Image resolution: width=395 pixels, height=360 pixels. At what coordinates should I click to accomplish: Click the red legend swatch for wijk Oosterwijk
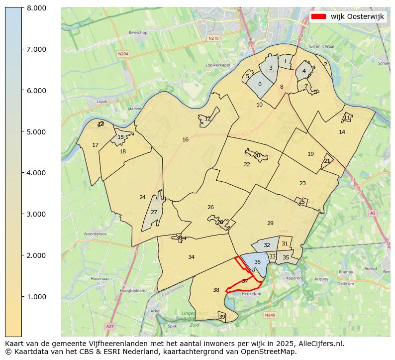point(318,16)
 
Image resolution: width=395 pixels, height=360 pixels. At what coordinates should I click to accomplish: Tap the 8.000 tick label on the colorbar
point(33,8)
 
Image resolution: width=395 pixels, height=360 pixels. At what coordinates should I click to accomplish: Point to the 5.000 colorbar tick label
point(33,132)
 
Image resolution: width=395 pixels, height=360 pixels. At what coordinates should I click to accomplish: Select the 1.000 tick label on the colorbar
point(33,297)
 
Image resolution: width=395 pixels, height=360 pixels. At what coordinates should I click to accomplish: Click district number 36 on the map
point(257,262)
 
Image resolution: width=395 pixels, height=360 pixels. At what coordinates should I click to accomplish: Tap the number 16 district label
point(186,140)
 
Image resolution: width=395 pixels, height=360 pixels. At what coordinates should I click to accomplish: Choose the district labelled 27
point(154,212)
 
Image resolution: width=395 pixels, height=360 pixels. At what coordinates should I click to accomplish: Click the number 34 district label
point(191,257)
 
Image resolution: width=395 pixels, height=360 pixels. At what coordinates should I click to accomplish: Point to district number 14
point(342,132)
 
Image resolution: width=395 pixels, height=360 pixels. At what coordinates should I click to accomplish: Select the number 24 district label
point(142,197)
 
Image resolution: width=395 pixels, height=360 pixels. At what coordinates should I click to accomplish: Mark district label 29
point(270,223)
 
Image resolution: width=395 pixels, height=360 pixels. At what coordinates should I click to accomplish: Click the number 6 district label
point(260,84)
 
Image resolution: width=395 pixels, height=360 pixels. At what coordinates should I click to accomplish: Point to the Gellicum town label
point(345,284)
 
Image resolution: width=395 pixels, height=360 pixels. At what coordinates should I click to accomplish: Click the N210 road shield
point(213,38)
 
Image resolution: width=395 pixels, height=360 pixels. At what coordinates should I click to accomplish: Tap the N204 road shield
point(123,53)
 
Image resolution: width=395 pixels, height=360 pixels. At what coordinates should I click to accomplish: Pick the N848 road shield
point(270,315)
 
